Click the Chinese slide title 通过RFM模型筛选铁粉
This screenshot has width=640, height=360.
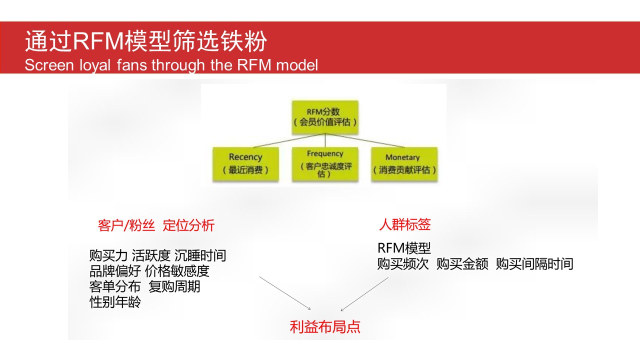coord(146,41)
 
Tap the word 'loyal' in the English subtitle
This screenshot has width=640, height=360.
coord(95,65)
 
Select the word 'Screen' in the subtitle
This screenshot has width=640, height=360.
coord(49,65)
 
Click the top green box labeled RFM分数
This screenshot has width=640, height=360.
coord(325,117)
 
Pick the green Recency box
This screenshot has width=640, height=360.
coord(245,164)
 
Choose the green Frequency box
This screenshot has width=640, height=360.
coord(325,164)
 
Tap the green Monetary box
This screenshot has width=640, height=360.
coord(404,164)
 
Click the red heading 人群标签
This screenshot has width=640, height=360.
coord(405,224)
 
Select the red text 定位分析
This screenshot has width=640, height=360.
coord(188,225)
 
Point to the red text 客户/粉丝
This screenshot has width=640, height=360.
coord(126,225)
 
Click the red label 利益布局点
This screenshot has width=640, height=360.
coord(325,327)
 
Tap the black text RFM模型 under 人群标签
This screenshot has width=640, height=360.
coord(404,248)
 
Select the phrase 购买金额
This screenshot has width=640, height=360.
coord(462,263)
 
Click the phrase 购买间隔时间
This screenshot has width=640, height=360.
coord(534,263)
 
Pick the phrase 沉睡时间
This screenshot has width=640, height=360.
coord(200,255)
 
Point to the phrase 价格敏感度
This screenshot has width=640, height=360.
coord(177,271)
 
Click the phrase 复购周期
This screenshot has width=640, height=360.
coord(174,286)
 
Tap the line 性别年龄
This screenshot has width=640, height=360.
coord(115,302)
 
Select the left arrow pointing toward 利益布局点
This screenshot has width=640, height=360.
coord(285,293)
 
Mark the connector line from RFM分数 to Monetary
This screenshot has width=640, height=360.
coord(365,140)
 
